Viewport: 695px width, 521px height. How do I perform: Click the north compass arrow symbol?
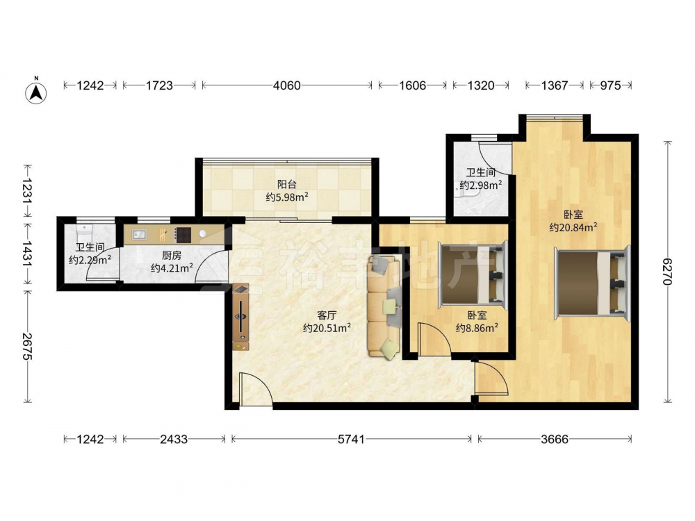tap(36, 91)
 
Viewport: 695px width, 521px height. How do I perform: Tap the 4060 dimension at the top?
tap(287, 85)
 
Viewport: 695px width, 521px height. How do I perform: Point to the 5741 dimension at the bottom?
tap(352, 439)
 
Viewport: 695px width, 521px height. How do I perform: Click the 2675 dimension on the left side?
tap(28, 347)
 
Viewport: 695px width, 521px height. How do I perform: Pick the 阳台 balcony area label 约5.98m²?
tap(287, 197)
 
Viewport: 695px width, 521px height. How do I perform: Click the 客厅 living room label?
tap(327, 315)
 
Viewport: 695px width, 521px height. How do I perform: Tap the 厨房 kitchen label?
tap(172, 255)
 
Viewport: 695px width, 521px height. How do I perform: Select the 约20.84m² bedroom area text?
tap(573, 227)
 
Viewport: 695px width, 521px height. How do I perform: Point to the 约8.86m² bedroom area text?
tap(477, 328)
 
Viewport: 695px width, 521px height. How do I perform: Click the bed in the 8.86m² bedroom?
tap(473, 274)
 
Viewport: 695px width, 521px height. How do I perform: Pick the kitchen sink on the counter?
tap(140, 234)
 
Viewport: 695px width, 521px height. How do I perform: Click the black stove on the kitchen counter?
tap(183, 235)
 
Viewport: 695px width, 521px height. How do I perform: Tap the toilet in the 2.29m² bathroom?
tap(83, 232)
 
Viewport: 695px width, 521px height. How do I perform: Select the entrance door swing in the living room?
tap(255, 388)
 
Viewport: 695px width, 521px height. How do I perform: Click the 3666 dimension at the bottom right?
tap(555, 439)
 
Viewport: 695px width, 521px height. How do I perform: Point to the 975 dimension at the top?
tap(610, 85)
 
